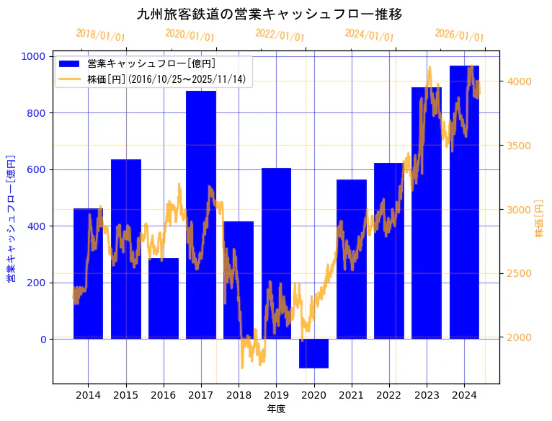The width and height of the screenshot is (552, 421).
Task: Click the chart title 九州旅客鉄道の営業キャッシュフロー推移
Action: pos(270,14)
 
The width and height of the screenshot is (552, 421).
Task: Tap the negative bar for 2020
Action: pos(313,353)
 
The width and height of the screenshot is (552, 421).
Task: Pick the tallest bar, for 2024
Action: pos(464,202)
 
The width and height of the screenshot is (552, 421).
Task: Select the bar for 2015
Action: pos(126,249)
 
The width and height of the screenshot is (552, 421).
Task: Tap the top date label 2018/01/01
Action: pos(100,35)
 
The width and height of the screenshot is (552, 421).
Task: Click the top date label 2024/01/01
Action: pos(369,35)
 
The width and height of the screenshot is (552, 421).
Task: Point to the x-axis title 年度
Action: pos(276,409)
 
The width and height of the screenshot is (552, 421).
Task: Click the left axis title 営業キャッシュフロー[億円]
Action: pos(11,218)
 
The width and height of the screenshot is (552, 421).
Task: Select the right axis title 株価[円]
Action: pos(539,218)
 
